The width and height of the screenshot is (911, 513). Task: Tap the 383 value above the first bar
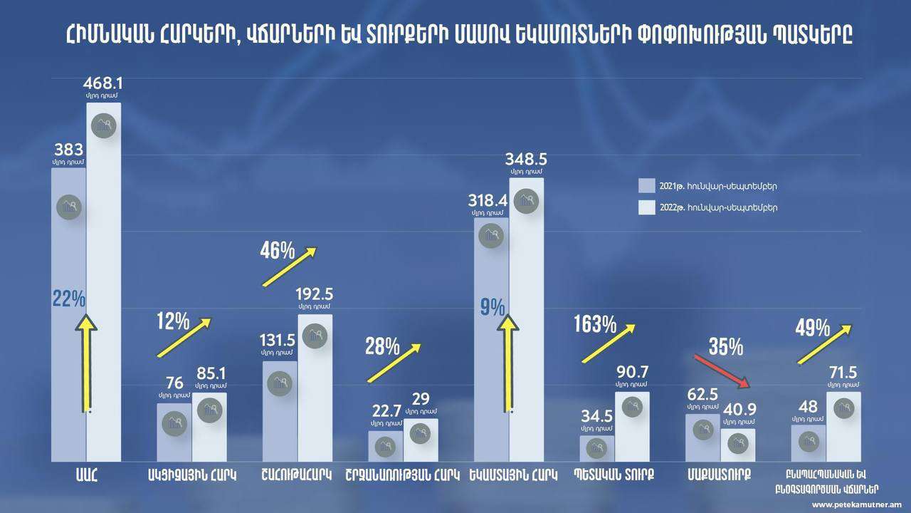pos(68,150)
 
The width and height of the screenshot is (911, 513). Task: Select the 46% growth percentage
pos(278,250)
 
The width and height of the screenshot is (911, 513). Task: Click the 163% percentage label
pos(595,325)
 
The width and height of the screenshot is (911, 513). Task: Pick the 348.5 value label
pos(527,157)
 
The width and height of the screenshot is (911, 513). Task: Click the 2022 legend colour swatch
pos(646,207)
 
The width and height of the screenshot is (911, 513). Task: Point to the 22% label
pos(68,298)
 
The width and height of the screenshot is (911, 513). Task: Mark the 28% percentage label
pos(382,346)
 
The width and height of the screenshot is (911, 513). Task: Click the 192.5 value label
pos(314,295)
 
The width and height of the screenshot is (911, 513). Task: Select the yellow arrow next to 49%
pos(824,344)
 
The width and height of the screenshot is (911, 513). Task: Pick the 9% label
pos(493,307)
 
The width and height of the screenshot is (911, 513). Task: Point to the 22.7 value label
pos(384,412)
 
